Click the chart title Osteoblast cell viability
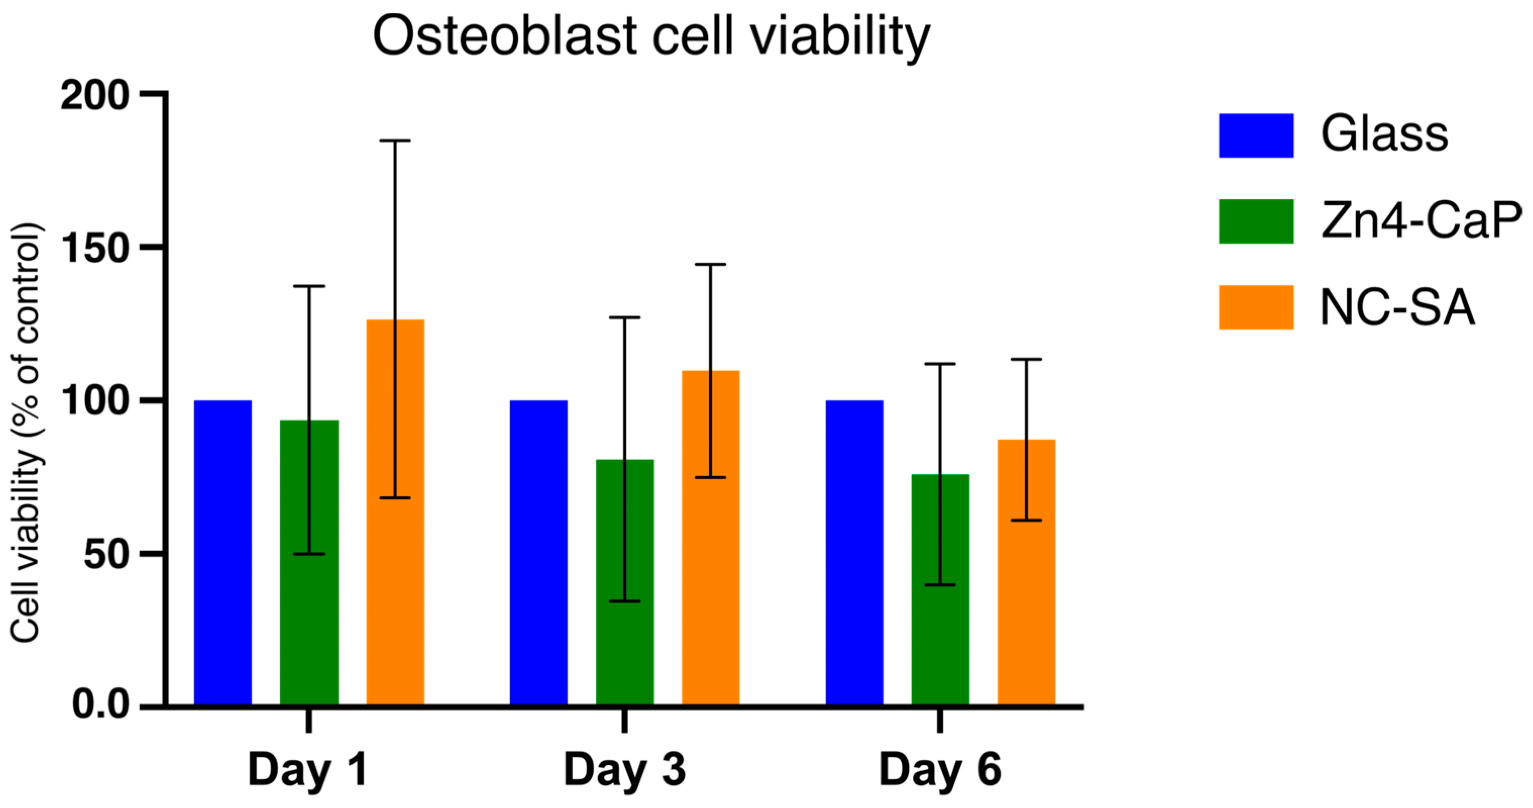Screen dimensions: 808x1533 (x=651, y=37)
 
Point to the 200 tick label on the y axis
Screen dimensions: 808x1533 (x=95, y=95)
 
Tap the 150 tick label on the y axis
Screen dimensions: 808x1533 (x=95, y=248)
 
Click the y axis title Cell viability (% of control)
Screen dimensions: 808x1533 (x=25, y=433)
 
